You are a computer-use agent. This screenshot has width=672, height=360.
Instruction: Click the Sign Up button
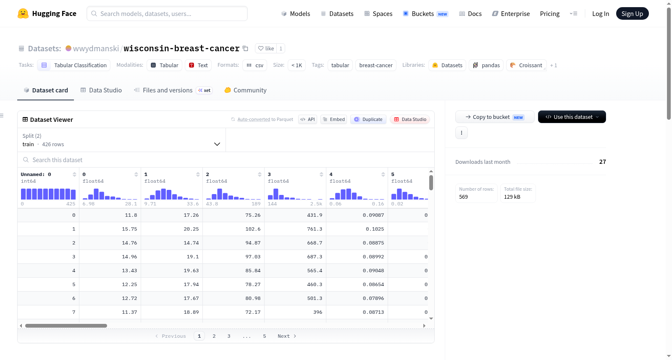tap(632, 13)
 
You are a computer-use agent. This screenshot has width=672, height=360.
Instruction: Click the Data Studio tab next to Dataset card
tap(101, 90)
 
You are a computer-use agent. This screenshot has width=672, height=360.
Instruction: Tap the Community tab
tap(245, 90)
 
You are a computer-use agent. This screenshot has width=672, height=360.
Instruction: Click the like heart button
tap(266, 48)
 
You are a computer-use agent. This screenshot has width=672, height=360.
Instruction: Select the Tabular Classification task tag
tap(74, 65)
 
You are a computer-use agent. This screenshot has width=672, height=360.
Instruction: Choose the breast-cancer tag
tap(375, 65)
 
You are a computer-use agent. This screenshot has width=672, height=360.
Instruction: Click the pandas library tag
tap(486, 65)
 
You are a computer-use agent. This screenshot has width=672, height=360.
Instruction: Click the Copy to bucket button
tap(495, 117)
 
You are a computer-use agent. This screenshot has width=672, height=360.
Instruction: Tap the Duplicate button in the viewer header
tap(368, 119)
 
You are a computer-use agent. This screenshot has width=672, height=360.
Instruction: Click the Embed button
tap(333, 119)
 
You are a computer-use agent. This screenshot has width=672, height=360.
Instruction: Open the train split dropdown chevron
tap(217, 144)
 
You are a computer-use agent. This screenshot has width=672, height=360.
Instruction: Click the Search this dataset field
tap(226, 160)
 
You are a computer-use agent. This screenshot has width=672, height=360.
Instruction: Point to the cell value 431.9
tap(315, 215)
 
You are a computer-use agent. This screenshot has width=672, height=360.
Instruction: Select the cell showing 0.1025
tap(375, 229)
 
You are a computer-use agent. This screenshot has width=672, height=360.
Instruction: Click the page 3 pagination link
tap(228, 336)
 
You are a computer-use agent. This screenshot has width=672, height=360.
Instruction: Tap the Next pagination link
tap(287, 336)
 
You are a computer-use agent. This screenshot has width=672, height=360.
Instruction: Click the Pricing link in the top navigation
tap(550, 13)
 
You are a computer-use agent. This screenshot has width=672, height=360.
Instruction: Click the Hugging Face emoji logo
tap(23, 13)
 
